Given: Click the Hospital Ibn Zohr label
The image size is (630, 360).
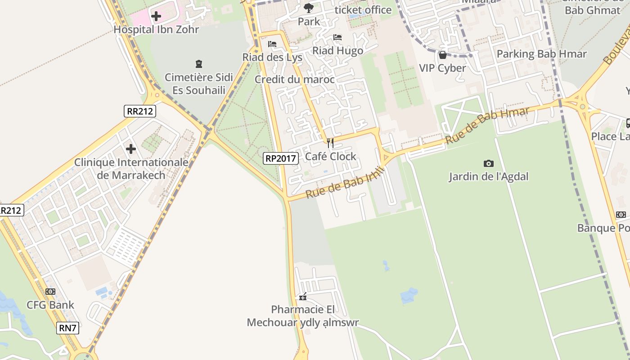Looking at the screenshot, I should [156, 30].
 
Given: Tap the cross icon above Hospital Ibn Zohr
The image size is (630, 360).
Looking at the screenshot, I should [156, 17].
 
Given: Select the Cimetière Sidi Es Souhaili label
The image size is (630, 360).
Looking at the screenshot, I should [198, 83].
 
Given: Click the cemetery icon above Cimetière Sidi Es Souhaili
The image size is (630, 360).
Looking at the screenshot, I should [198, 64].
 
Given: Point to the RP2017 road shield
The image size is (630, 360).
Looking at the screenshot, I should [281, 158].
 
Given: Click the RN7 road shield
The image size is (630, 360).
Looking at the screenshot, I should [68, 328].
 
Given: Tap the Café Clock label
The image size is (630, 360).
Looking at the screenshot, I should [330, 156].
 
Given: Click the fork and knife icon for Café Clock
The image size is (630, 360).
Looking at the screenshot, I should [330, 143].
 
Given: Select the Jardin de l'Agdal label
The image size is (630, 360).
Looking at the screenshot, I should [488, 176].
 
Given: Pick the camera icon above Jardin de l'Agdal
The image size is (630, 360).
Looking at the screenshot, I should [488, 163].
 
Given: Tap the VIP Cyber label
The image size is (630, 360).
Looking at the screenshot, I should [442, 68].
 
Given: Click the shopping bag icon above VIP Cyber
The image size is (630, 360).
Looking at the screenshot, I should [442, 55].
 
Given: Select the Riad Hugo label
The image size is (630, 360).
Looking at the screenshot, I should [337, 50].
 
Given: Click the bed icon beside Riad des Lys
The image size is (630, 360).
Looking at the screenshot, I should [272, 44].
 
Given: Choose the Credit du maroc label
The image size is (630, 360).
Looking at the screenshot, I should [295, 80].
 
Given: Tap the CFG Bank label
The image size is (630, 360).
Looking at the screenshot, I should [50, 305].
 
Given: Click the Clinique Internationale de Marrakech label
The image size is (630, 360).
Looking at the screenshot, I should [131, 168].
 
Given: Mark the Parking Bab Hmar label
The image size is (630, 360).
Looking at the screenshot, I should [541, 54].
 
